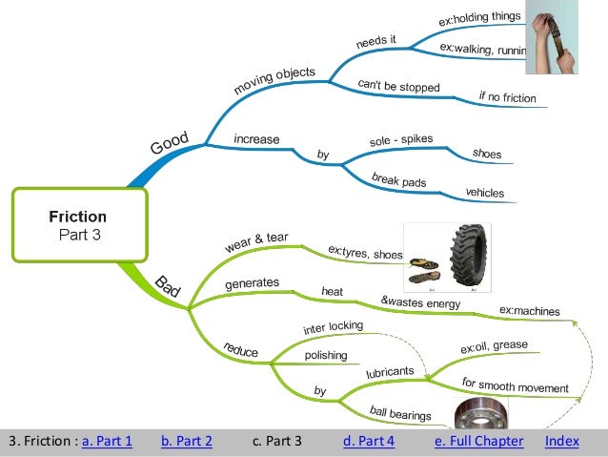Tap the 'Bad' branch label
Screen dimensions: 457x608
[168, 286]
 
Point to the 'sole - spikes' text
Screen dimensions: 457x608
[400, 141]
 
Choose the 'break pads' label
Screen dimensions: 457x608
[398, 180]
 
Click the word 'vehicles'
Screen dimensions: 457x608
[484, 193]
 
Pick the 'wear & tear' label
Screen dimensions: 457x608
[256, 241]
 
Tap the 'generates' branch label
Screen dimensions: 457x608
[252, 283]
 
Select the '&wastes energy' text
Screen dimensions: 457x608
[420, 302]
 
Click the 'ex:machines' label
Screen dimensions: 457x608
[529, 311]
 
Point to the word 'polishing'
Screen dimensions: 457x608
[325, 355]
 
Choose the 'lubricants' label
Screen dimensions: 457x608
[390, 371]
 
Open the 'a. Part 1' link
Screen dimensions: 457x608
[107, 441]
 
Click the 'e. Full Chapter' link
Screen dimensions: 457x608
[478, 441]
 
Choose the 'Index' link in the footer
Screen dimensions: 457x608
[561, 441]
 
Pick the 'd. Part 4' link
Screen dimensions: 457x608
[368, 441]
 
